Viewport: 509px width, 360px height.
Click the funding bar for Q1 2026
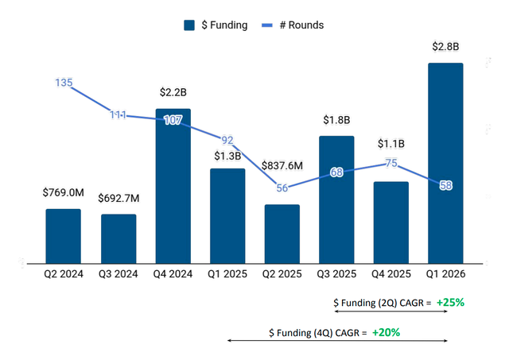(x=445, y=163)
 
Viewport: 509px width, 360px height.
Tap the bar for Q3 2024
(x=118, y=238)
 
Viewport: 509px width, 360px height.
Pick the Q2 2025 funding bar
(x=282, y=234)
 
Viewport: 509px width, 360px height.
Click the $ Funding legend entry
(x=216, y=25)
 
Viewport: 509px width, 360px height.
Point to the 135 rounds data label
(x=64, y=83)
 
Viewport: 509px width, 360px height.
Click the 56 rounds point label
(x=282, y=188)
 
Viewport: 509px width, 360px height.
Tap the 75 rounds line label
(x=390, y=163)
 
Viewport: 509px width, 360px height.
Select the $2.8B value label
(x=445, y=47)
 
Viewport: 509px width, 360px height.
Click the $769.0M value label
(x=64, y=192)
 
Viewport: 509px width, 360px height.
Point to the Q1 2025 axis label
(x=227, y=274)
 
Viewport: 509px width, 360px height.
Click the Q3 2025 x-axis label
(x=336, y=274)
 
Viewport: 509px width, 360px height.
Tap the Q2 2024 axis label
(x=64, y=274)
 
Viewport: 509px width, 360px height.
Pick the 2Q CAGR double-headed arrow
(x=390, y=312)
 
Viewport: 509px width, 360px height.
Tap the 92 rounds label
(x=227, y=140)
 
